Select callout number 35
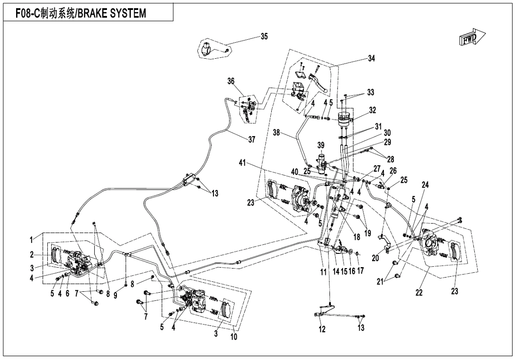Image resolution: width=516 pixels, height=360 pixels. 264,36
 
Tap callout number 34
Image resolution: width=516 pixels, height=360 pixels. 371,58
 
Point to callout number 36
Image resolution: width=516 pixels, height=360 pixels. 231,81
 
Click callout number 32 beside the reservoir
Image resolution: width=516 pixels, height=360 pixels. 373,109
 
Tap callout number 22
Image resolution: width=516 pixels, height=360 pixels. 419,292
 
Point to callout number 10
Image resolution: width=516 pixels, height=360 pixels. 234,337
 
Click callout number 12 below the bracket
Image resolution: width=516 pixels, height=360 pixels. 322,330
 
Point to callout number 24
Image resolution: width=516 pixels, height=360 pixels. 426,186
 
